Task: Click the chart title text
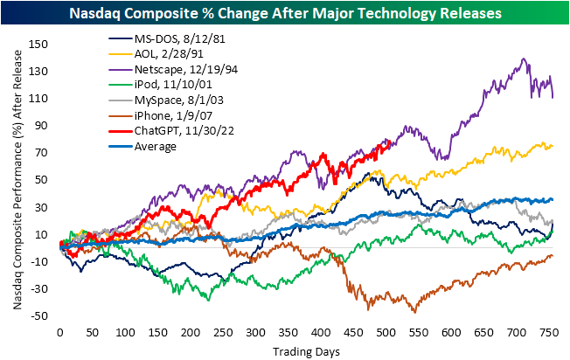(285, 12)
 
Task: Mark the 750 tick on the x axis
(548, 333)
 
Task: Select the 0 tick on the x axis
(59, 333)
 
